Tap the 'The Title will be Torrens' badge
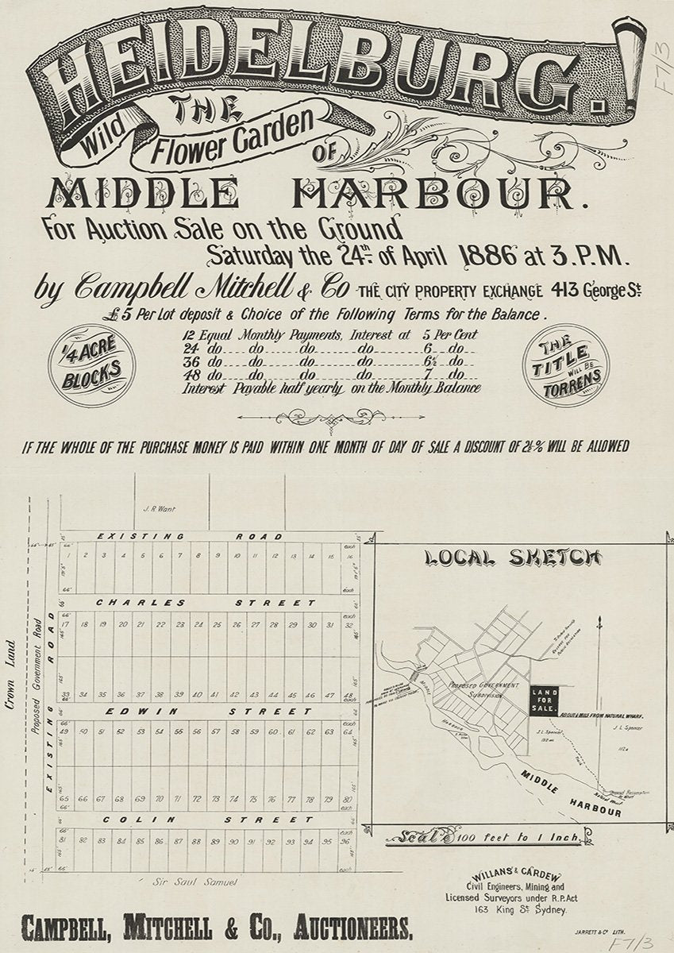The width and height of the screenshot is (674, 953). pyautogui.click(x=565, y=365)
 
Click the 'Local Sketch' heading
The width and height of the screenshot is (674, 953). pyautogui.click(x=513, y=558)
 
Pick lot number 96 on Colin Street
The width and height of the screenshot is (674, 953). pyautogui.click(x=345, y=841)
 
